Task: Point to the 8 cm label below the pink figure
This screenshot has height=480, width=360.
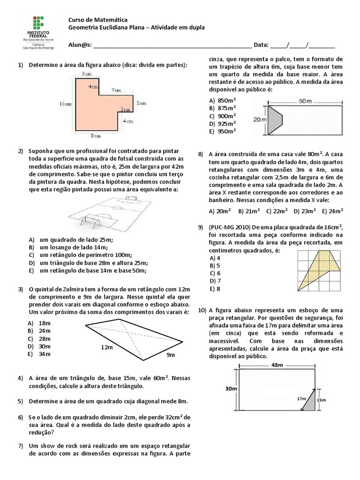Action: point(96,136)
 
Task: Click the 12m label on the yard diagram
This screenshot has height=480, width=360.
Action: point(107,347)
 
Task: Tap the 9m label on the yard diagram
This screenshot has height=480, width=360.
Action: point(170,355)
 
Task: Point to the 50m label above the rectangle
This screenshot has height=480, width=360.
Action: point(305,101)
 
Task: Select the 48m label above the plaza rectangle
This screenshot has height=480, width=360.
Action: point(278,365)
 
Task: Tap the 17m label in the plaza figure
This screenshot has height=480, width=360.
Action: point(301,398)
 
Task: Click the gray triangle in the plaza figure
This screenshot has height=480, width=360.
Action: point(311,401)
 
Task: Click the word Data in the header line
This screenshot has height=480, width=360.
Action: point(260,45)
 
